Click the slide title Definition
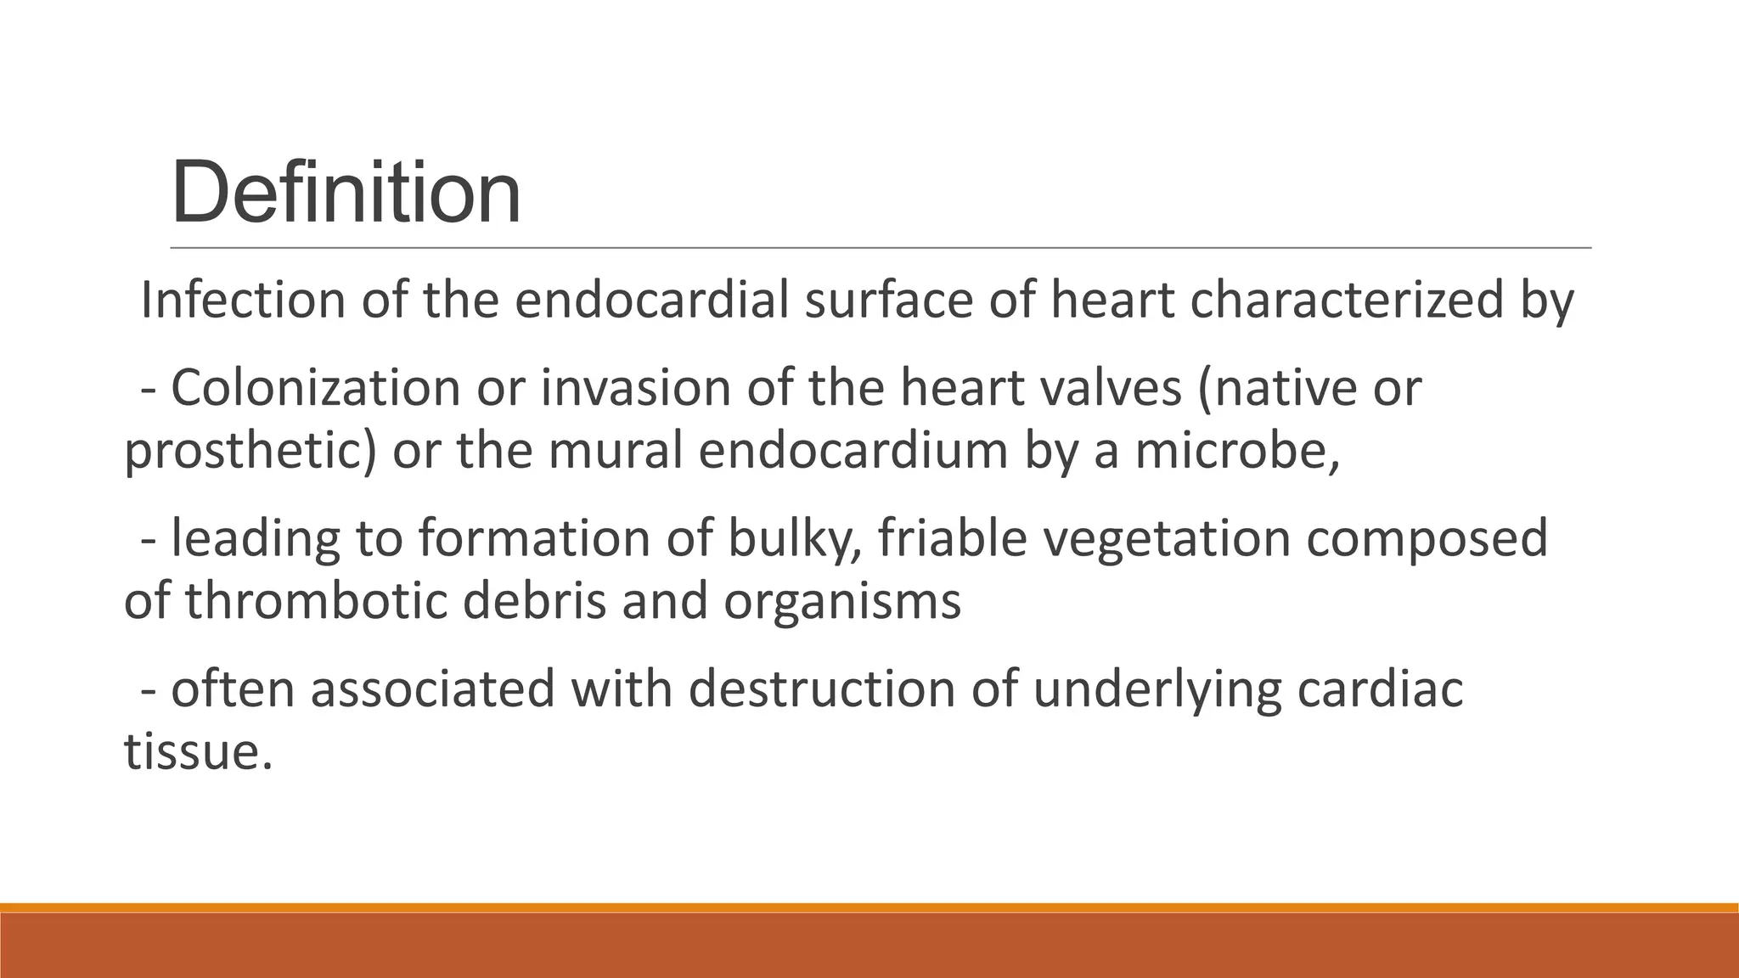coord(346,194)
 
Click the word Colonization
coord(315,388)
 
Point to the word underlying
coord(1157,690)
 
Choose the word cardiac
coord(1379,689)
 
